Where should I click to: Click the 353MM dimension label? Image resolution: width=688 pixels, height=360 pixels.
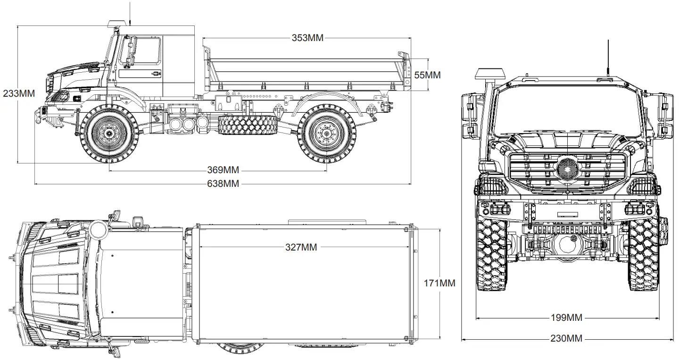point(307,38)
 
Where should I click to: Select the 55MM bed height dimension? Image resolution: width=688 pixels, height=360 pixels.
point(427,75)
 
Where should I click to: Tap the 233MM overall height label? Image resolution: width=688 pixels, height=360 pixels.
point(19,93)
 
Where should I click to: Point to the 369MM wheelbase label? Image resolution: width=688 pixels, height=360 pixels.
point(223,170)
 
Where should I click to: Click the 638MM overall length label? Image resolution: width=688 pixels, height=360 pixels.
point(223,184)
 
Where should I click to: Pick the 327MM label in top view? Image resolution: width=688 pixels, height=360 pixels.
point(301,247)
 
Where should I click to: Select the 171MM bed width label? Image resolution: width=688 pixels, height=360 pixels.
point(439,283)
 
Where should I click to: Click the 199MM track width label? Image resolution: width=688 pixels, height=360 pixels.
point(566,318)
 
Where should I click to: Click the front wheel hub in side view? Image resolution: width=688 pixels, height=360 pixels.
point(109,134)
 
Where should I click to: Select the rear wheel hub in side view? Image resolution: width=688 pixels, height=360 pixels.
point(326,134)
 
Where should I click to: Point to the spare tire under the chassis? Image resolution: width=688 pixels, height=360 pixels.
point(248,126)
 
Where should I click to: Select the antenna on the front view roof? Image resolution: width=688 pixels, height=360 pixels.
point(608,59)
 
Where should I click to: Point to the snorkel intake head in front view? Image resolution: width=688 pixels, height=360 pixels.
point(489,74)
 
